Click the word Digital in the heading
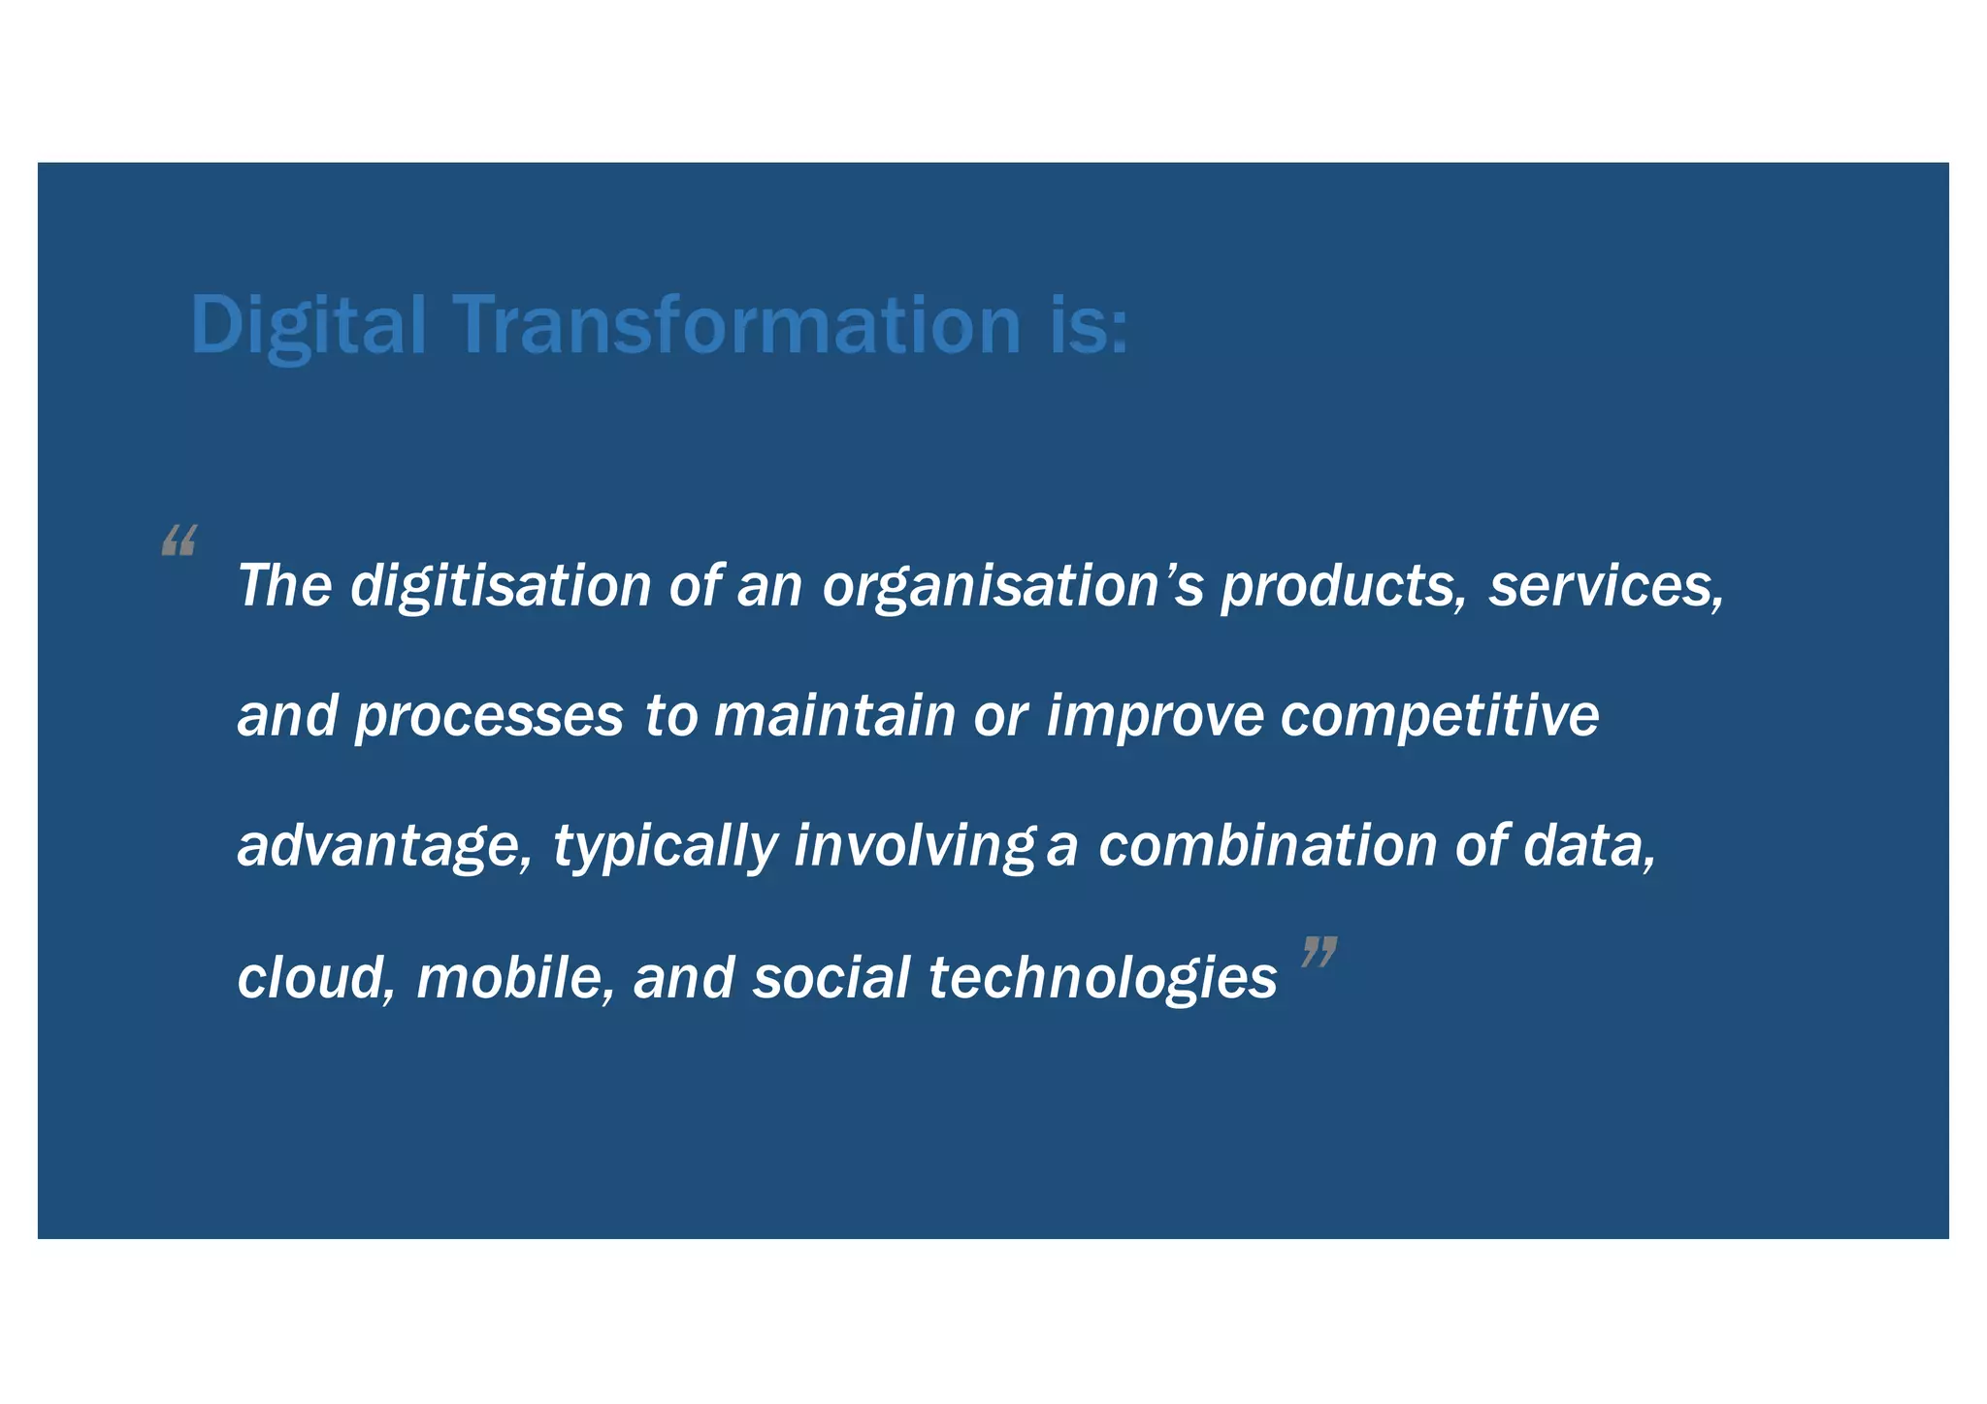(x=308, y=325)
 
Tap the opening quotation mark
(x=179, y=539)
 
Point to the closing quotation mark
(x=1319, y=952)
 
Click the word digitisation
(x=501, y=586)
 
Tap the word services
(x=1607, y=586)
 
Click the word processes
(x=489, y=717)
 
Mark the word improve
(x=1155, y=717)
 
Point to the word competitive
(x=1440, y=717)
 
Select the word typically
(x=666, y=846)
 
